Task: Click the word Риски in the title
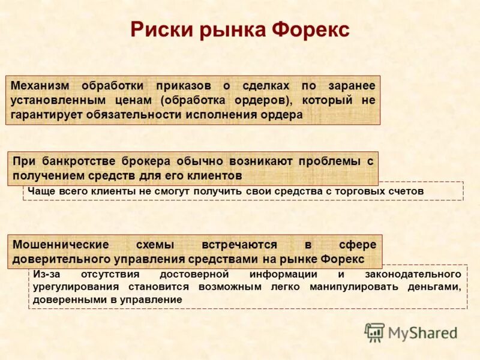(x=157, y=29)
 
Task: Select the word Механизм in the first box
(x=40, y=86)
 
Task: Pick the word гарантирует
(x=47, y=115)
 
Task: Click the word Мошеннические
(x=61, y=245)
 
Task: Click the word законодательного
(x=412, y=274)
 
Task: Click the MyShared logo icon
(x=375, y=332)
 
